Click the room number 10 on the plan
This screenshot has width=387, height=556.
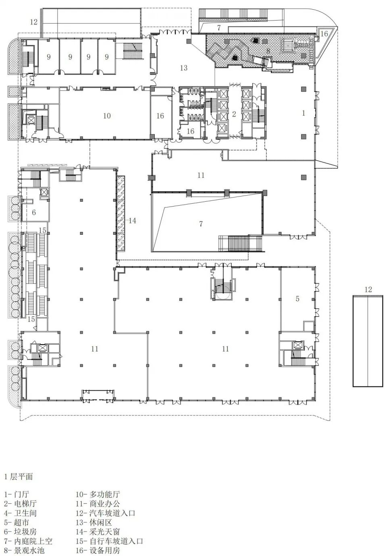coord(107,116)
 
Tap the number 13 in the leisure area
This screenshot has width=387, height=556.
coord(184,68)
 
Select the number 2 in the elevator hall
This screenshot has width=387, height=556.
coord(234,114)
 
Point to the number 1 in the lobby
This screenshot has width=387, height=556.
coord(303,113)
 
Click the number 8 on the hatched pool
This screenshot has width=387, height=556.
coord(268,51)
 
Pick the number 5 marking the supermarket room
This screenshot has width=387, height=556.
coord(298,298)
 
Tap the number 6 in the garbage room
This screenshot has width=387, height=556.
coord(34,212)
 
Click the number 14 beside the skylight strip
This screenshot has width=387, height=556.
coord(132,220)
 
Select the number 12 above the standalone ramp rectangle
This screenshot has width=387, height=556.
coord(368,289)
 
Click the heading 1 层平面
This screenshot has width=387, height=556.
coord(19,477)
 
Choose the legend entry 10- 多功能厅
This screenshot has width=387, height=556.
coord(98,494)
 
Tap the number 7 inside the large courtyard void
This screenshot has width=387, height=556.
coord(201,223)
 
